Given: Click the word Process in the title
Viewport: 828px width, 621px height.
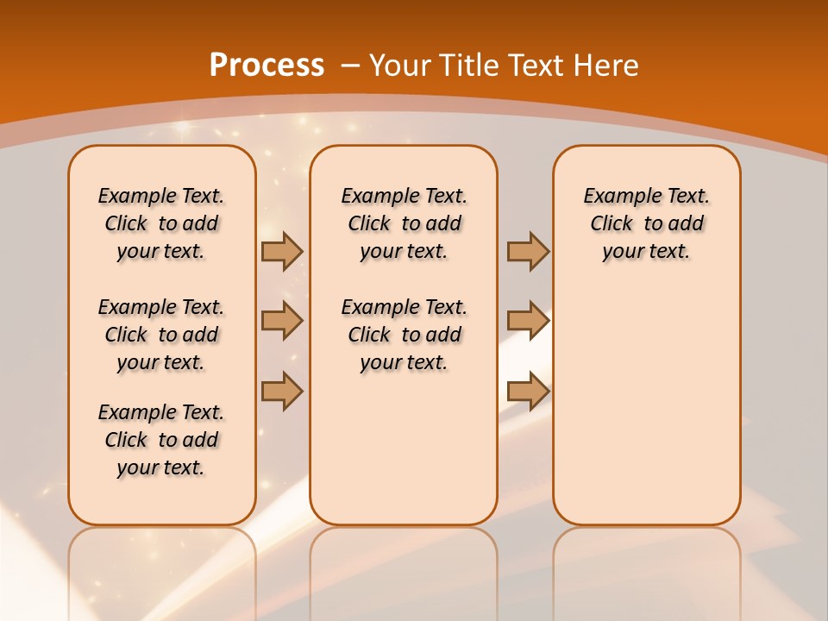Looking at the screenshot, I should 267,65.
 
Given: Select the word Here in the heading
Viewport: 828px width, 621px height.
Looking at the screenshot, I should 607,65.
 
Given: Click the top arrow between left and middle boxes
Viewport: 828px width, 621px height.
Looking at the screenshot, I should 282,252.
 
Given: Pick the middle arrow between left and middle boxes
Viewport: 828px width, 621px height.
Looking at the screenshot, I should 282,321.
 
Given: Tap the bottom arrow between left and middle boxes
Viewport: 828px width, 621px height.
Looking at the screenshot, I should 282,391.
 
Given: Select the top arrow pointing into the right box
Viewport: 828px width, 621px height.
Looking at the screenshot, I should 528,252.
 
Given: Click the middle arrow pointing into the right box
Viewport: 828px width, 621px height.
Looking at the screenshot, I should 528,321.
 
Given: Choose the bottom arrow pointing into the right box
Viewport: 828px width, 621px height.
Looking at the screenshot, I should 528,391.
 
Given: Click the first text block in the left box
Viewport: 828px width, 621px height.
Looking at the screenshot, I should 161,223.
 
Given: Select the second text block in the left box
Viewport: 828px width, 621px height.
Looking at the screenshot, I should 161,335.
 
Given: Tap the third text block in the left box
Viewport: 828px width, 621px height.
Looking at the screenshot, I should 161,440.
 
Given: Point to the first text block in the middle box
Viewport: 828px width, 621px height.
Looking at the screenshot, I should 404,223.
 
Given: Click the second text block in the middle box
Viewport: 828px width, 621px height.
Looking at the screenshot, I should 404,335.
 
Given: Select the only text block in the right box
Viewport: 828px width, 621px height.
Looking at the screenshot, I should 646,223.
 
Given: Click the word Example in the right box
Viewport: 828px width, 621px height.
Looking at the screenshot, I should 616,197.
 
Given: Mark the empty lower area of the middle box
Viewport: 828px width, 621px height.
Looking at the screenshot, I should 404,448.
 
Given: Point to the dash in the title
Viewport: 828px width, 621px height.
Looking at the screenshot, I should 350,65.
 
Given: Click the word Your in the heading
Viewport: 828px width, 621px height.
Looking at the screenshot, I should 401,65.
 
